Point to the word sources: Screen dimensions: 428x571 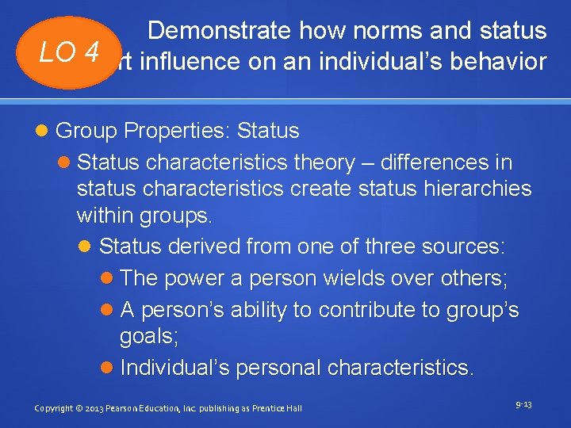(x=467, y=246)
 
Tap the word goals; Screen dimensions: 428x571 (x=149, y=337)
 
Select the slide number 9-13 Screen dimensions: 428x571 (x=523, y=405)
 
